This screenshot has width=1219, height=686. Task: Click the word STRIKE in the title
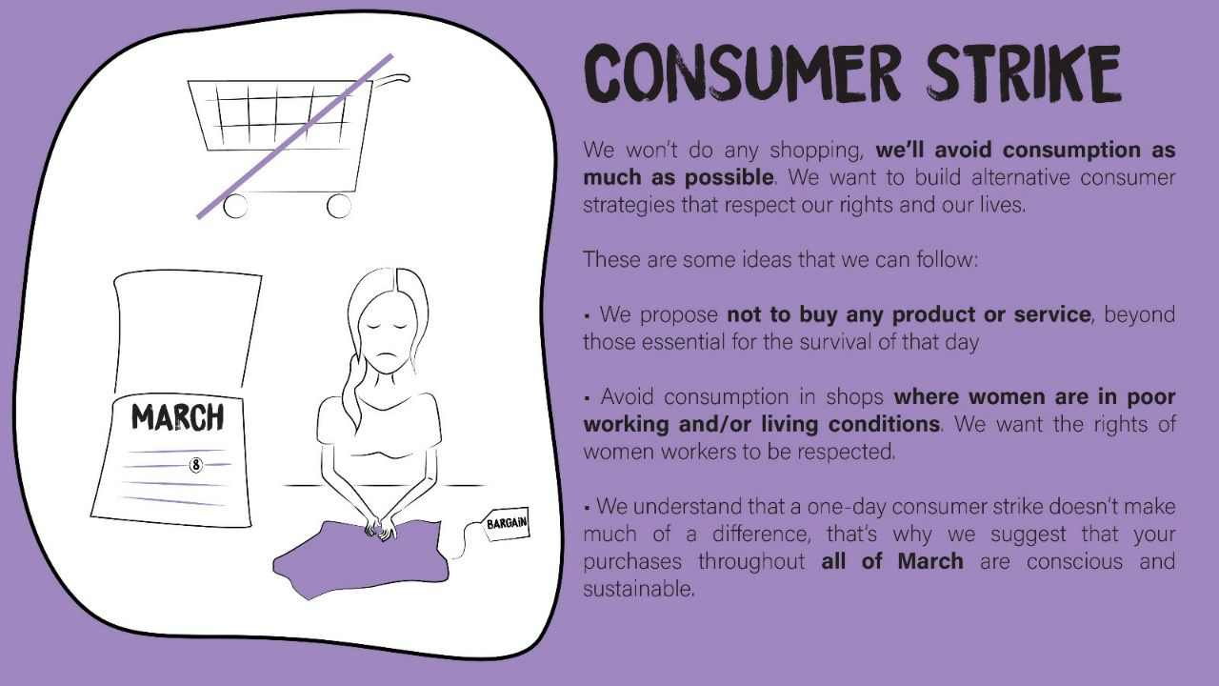point(1024,73)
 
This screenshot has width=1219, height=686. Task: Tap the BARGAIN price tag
point(506,524)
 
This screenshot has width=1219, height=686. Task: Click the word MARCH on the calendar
point(177,417)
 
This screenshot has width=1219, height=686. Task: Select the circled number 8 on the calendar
point(196,465)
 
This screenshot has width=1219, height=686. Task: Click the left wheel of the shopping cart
point(235,207)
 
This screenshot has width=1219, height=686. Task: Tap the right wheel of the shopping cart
point(339,206)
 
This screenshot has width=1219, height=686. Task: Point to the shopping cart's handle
point(390,79)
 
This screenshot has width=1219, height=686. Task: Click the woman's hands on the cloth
point(380,528)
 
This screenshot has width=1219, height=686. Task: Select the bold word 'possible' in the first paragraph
point(729,178)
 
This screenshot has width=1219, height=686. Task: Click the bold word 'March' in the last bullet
point(930,561)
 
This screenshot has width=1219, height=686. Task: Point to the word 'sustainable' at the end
point(639,589)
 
